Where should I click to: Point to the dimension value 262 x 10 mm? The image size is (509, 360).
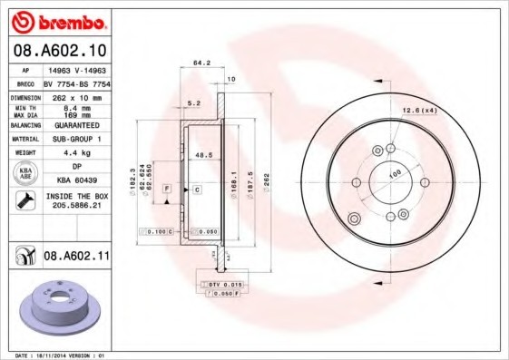[76, 97]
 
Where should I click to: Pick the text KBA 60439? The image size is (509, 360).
[76, 180]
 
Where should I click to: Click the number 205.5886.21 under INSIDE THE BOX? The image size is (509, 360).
[76, 207]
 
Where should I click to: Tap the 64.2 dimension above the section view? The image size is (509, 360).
[202, 63]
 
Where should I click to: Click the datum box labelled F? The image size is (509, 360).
[167, 188]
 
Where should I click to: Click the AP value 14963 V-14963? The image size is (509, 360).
[76, 69]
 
